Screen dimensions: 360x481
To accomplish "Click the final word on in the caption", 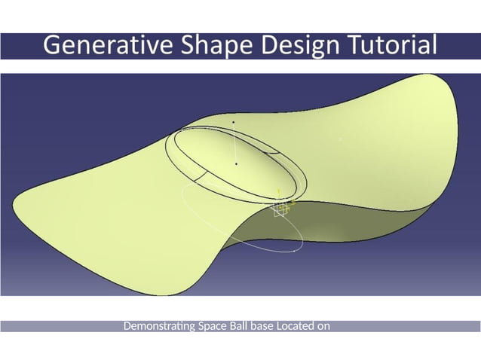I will tap(325, 326).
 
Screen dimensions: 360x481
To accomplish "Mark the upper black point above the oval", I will tap(234, 122).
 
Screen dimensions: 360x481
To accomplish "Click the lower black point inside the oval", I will tap(237, 163).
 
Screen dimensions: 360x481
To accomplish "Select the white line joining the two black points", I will tap(235, 143).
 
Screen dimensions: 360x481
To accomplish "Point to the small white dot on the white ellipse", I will tap(293, 252).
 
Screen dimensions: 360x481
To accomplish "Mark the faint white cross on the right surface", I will tap(340, 139).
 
